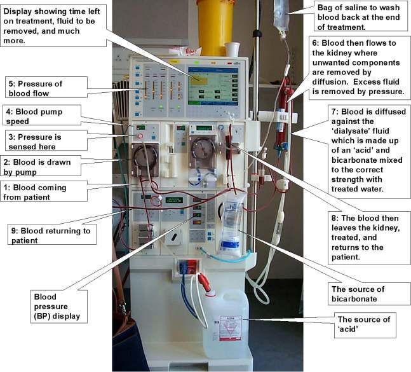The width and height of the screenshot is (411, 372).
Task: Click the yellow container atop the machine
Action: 216,19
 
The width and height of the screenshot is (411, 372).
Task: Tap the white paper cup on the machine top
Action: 232,49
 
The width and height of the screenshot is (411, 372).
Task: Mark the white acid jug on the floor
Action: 226,324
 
